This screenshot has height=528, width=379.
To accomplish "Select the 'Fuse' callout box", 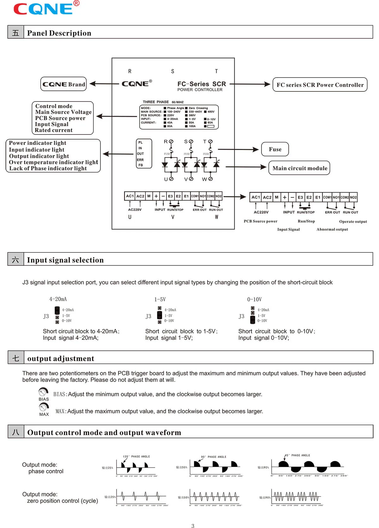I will (275, 149).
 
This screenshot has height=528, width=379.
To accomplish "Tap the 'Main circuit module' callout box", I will (299, 168).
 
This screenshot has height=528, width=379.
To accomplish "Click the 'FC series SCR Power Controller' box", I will (320, 85).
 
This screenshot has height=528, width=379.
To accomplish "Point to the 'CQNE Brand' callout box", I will (63, 84).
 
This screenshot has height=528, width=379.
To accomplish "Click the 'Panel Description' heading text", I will (59, 33).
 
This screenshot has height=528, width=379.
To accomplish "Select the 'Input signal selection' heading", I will (65, 260).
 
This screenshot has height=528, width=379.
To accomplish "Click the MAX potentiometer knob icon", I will (44, 407).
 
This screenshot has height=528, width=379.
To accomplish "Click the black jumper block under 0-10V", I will (253, 320).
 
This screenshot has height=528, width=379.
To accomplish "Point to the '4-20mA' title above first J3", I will (58, 299).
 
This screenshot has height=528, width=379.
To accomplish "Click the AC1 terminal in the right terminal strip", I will (256, 197).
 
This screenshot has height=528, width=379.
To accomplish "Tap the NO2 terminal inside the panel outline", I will (219, 196).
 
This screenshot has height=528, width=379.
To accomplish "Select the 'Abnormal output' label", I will (332, 229).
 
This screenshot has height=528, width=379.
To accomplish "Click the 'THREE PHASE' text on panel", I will (156, 102).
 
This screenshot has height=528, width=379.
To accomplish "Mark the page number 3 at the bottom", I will (193, 526).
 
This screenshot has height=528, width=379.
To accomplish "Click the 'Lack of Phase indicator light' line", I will (48, 168).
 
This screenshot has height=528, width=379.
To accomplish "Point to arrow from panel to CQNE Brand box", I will (104, 84).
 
